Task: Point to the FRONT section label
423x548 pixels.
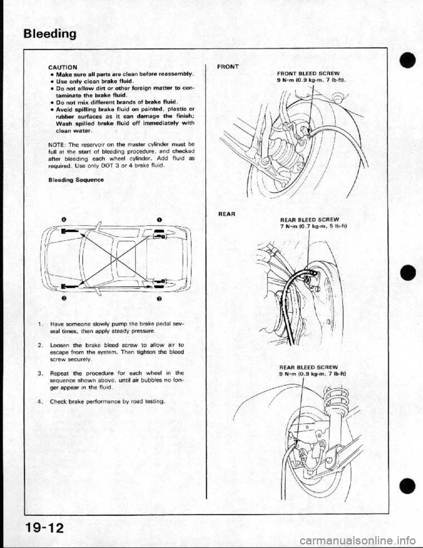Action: coord(228,67)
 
